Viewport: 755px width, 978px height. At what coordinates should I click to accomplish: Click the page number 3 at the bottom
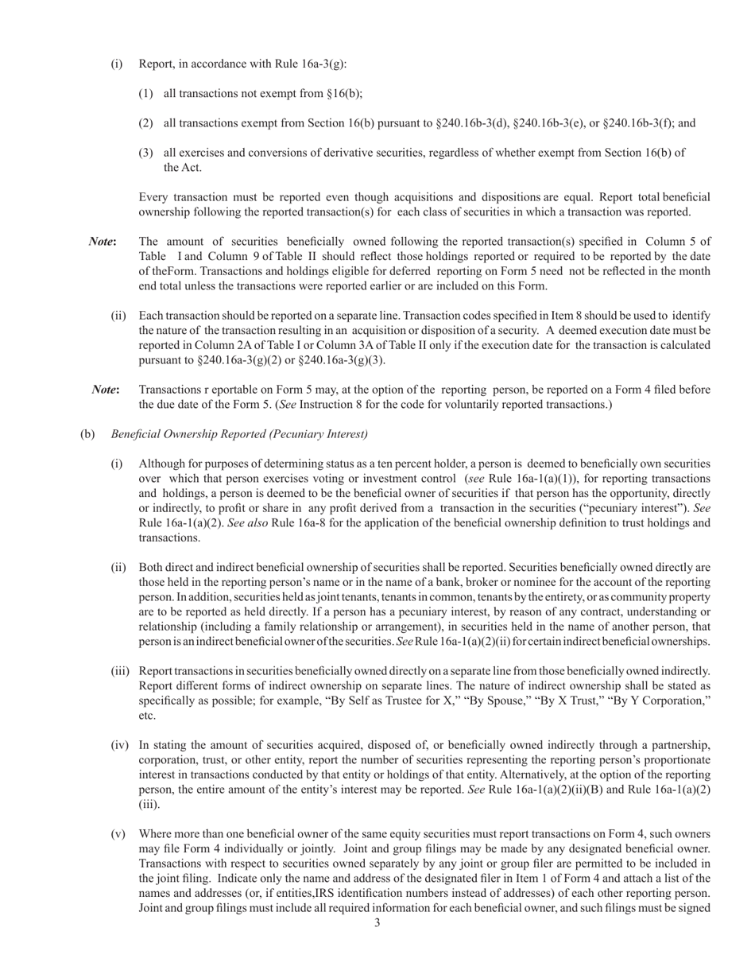tap(377, 923)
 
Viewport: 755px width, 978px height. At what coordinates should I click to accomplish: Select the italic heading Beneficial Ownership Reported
tap(239, 434)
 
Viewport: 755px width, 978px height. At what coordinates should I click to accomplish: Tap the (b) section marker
tap(87, 434)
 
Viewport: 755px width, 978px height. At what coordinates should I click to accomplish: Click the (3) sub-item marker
tap(145, 153)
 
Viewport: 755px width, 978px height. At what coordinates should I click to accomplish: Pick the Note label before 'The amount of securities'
tap(103, 242)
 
